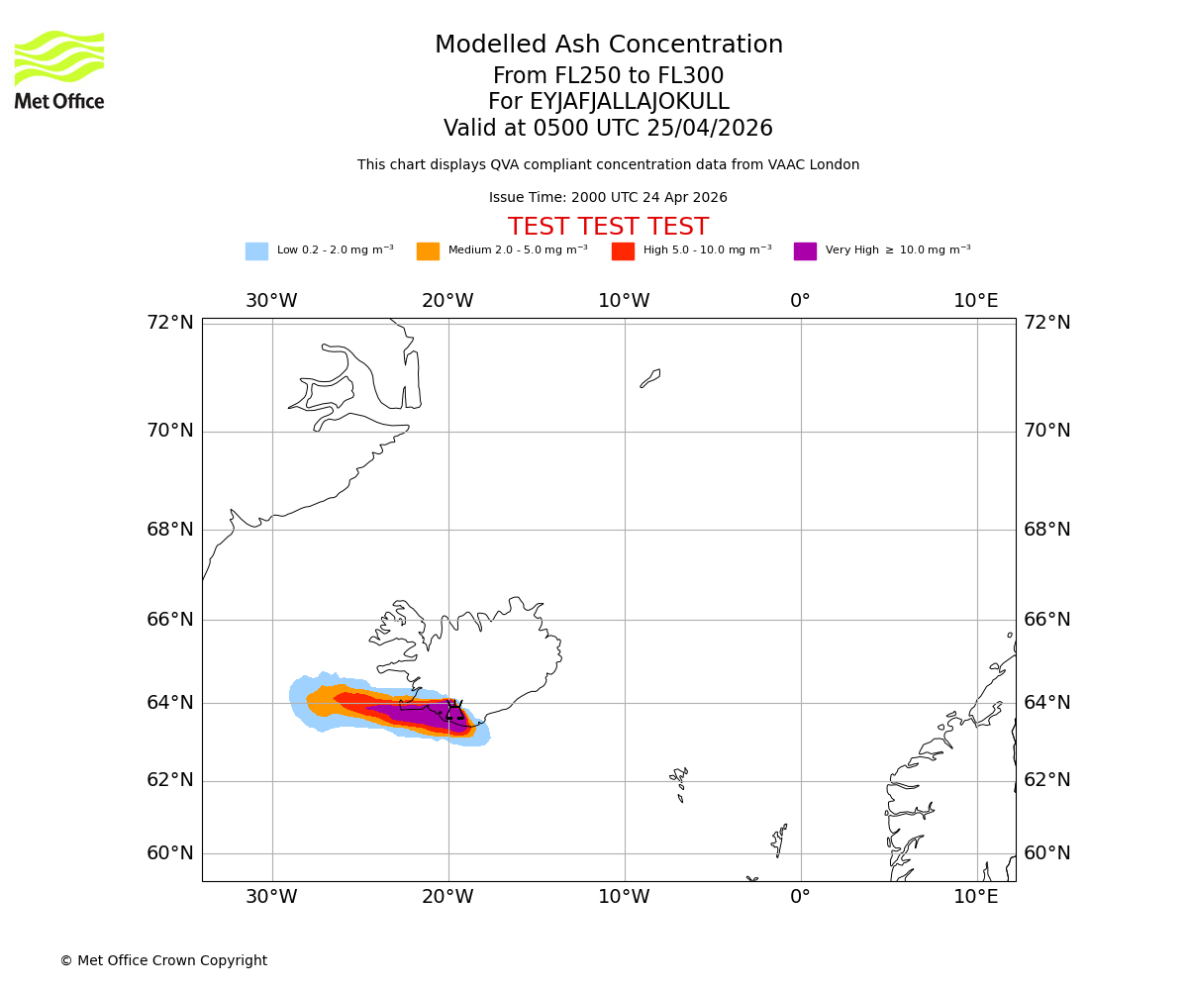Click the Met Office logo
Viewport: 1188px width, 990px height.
click(x=59, y=69)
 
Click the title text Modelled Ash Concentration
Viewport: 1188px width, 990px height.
click(x=608, y=46)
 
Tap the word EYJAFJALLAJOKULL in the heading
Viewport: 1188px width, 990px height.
click(x=608, y=102)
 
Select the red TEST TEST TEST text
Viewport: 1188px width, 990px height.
click(x=608, y=227)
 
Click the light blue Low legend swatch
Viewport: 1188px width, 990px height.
click(x=256, y=251)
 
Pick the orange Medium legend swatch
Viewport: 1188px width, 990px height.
click(x=428, y=251)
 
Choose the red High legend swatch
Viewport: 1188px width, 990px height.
click(x=623, y=251)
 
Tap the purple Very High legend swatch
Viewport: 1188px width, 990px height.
click(x=805, y=251)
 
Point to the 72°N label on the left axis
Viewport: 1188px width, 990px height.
click(x=170, y=323)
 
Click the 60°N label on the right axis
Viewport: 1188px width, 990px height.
click(x=1047, y=853)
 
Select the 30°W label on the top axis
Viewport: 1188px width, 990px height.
click(x=271, y=301)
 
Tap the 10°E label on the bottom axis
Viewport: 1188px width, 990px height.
click(x=976, y=897)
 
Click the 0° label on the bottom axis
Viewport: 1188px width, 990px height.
click(x=800, y=897)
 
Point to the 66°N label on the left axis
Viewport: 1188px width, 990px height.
click(x=170, y=620)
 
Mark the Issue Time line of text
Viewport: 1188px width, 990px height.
click(x=608, y=198)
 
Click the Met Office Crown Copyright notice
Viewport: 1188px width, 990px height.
click(x=163, y=961)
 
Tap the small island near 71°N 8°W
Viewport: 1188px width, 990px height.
click(x=650, y=378)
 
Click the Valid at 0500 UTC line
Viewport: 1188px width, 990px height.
click(x=608, y=129)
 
